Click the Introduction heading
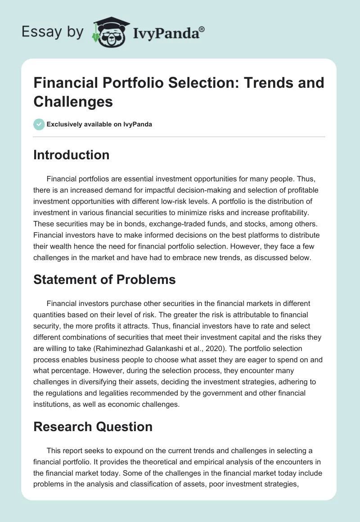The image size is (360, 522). point(72,155)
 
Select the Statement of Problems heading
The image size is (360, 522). point(104,279)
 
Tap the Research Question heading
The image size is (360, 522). point(93,427)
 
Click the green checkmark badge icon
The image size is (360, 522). point(39,124)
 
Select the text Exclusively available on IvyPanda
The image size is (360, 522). point(99,124)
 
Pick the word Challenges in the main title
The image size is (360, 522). point(73,101)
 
